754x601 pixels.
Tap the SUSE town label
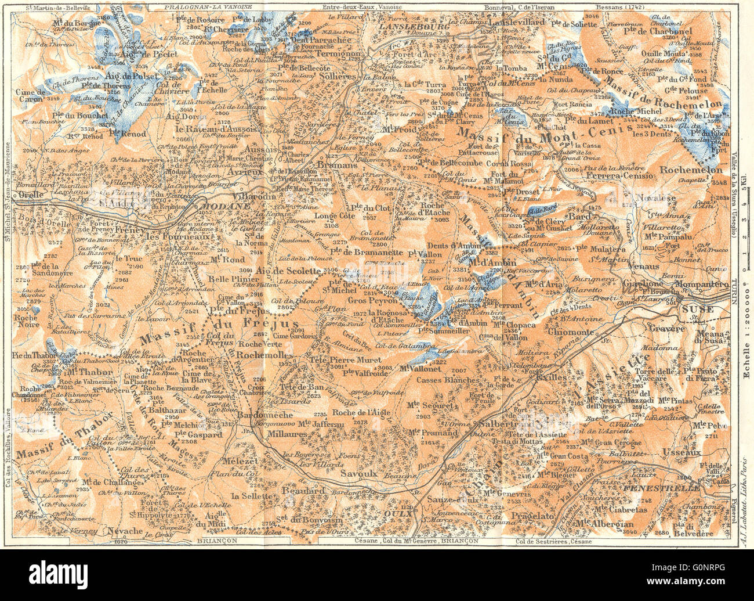[x=694, y=309]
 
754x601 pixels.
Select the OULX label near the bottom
[x=406, y=513]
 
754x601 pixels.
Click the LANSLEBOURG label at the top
[x=405, y=27]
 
